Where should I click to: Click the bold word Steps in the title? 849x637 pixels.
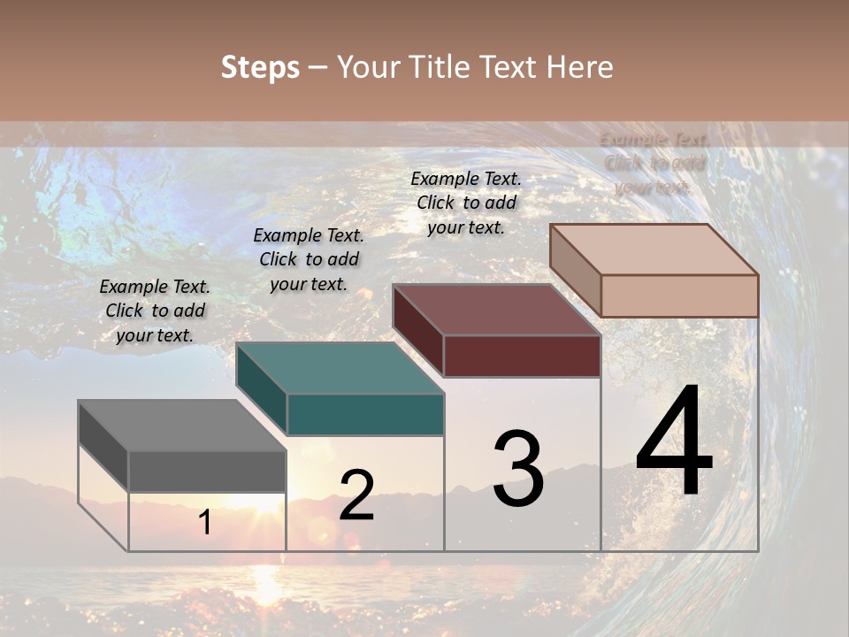pos(260,67)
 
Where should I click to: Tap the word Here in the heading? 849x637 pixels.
pos(579,67)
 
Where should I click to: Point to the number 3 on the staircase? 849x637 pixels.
pos(518,469)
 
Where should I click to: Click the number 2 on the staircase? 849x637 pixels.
pos(356,495)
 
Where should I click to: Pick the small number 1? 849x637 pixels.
pos(205,523)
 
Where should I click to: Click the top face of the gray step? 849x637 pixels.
pos(181,426)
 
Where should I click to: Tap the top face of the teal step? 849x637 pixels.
pos(340,368)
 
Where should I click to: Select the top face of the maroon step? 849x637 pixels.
pos(496,310)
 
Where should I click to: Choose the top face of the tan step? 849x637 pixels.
pos(654,249)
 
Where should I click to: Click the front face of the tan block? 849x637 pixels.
pos(679,295)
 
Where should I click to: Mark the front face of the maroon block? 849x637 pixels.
pos(522,356)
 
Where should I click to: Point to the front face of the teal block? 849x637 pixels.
pos(365,414)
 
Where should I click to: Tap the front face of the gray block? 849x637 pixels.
pos(207,471)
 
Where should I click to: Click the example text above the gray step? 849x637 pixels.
pos(155,311)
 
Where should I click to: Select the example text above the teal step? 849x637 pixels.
pos(309,259)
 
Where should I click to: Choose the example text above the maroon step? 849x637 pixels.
pos(466,203)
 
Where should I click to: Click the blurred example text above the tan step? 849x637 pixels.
pos(654,164)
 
